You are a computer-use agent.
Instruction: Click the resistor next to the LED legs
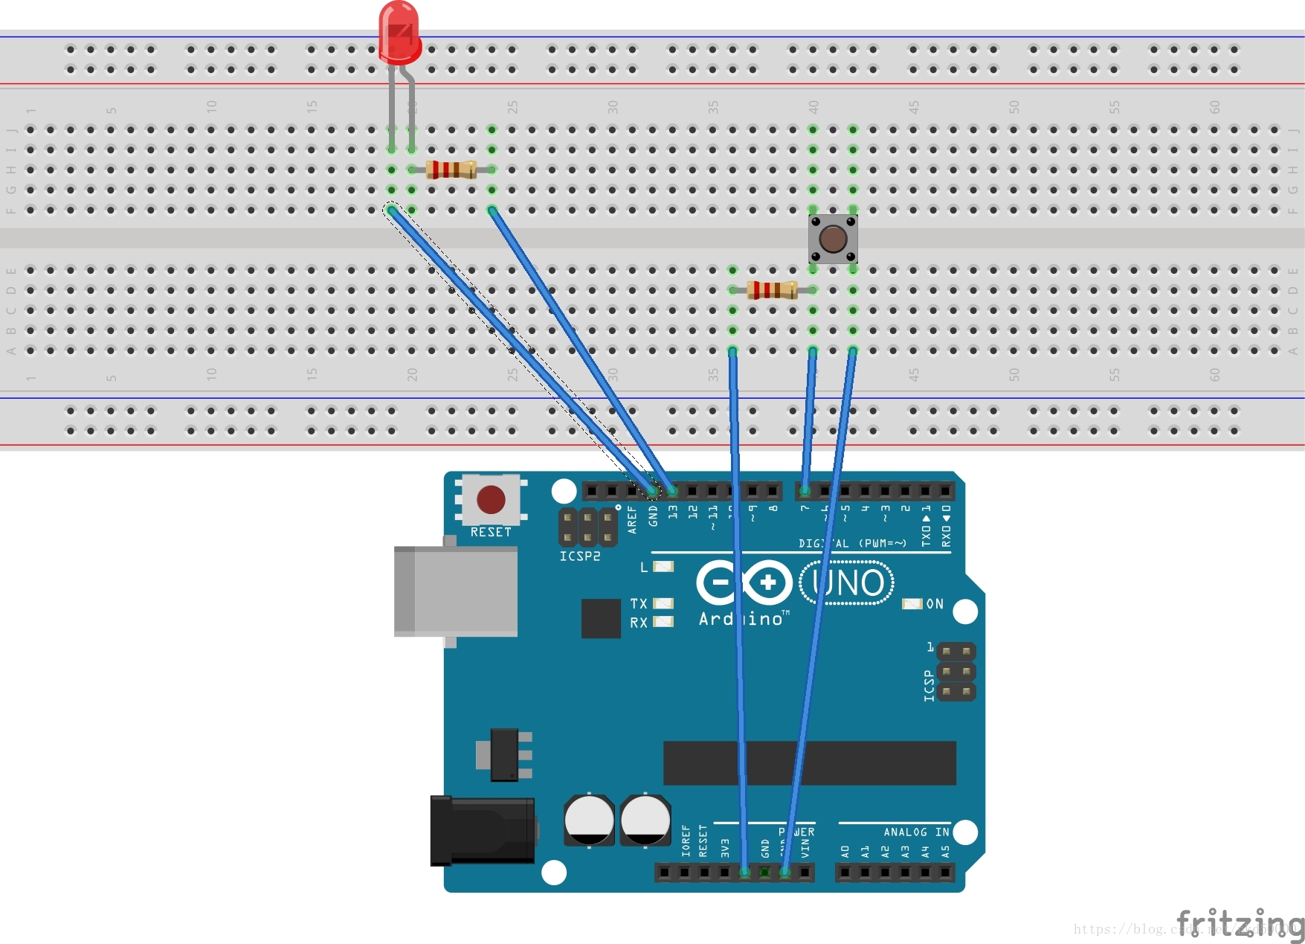click(x=451, y=170)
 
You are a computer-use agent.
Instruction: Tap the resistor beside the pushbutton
click(x=772, y=290)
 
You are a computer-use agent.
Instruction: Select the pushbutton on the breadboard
click(x=833, y=239)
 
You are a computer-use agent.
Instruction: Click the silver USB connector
click(x=456, y=591)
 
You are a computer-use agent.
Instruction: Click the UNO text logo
click(x=847, y=583)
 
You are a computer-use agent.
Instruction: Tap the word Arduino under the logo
click(x=741, y=619)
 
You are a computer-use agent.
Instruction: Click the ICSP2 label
click(x=579, y=556)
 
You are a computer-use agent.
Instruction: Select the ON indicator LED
click(x=912, y=603)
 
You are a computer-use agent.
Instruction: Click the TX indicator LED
click(x=663, y=603)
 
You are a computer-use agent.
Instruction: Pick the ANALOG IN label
click(x=915, y=832)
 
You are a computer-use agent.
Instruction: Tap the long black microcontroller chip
click(x=809, y=762)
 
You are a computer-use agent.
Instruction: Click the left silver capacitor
click(x=589, y=820)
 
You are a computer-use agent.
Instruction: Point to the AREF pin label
click(x=632, y=519)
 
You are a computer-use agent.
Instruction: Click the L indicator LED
click(x=663, y=567)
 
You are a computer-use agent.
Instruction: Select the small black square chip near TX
click(x=601, y=618)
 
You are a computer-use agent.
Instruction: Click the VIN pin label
click(x=805, y=849)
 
